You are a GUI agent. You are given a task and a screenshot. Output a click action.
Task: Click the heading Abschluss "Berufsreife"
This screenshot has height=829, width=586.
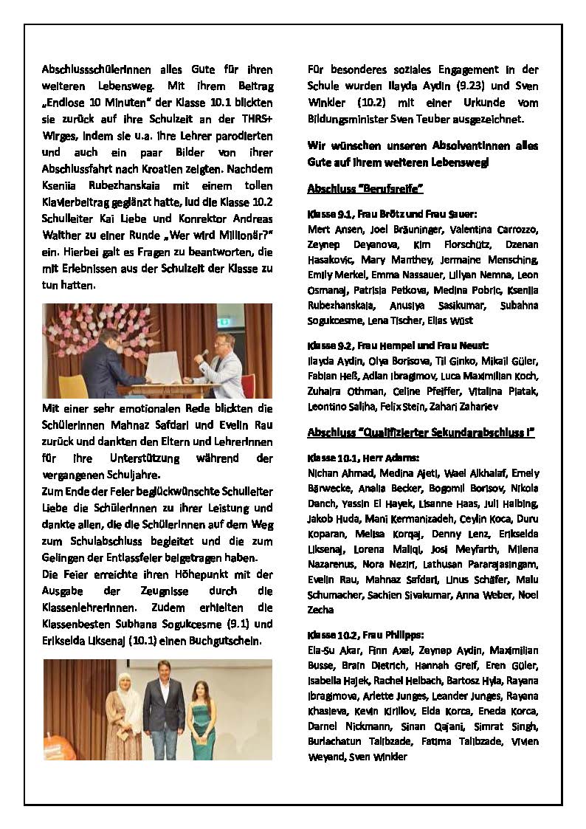pyautogui.click(x=365, y=189)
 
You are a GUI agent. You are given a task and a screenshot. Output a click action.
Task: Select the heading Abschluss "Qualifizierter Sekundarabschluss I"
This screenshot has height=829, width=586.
pyautogui.click(x=421, y=432)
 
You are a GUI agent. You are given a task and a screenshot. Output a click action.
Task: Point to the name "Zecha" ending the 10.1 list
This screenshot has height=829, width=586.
pyautogui.click(x=320, y=610)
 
